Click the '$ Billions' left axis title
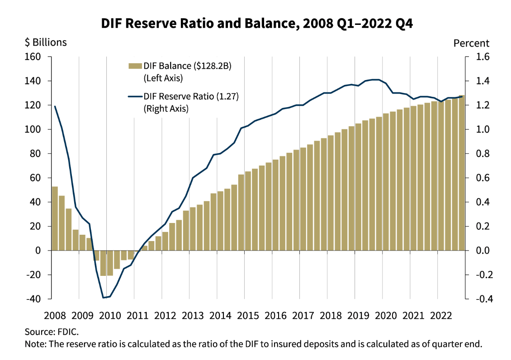(46, 42)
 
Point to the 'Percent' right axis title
(471, 43)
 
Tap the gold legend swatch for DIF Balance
(135, 66)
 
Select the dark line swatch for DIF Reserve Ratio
(135, 96)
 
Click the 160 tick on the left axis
(33, 57)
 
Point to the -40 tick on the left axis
(33, 299)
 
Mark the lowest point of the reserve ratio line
(104, 298)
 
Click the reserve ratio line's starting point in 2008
(55, 106)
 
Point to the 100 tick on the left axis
(33, 129)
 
